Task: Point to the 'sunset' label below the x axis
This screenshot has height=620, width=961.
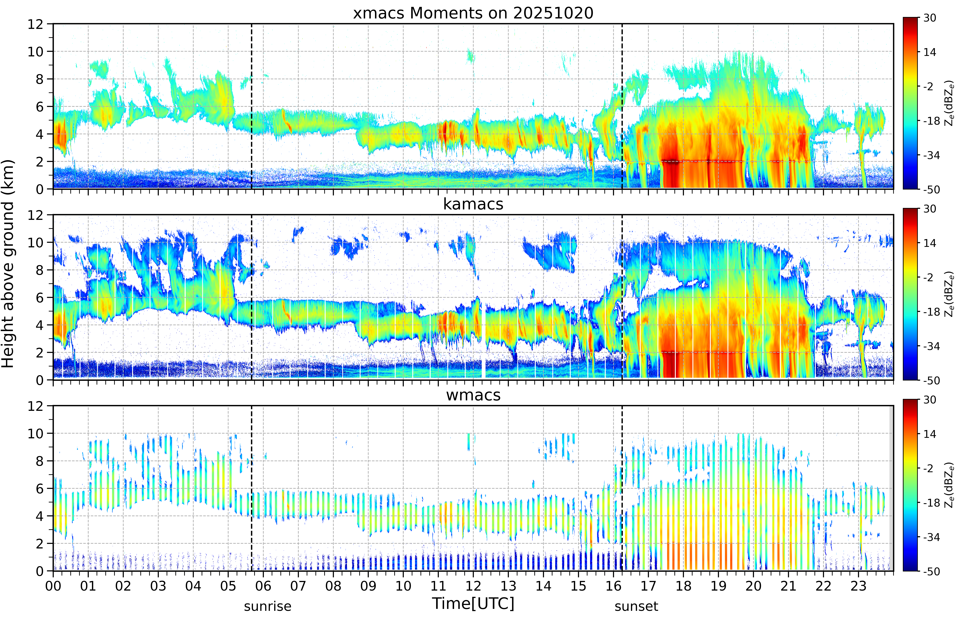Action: point(636,606)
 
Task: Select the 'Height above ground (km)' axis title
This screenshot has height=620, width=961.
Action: point(8,264)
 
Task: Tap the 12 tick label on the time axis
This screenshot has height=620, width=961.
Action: point(473,586)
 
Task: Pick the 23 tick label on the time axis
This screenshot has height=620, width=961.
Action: point(858,586)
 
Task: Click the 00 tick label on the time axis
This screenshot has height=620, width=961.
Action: point(53,586)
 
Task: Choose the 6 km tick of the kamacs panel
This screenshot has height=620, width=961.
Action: point(39,298)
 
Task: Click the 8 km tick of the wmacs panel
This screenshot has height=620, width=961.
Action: point(39,461)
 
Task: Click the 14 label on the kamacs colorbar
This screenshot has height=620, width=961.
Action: point(930,243)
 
